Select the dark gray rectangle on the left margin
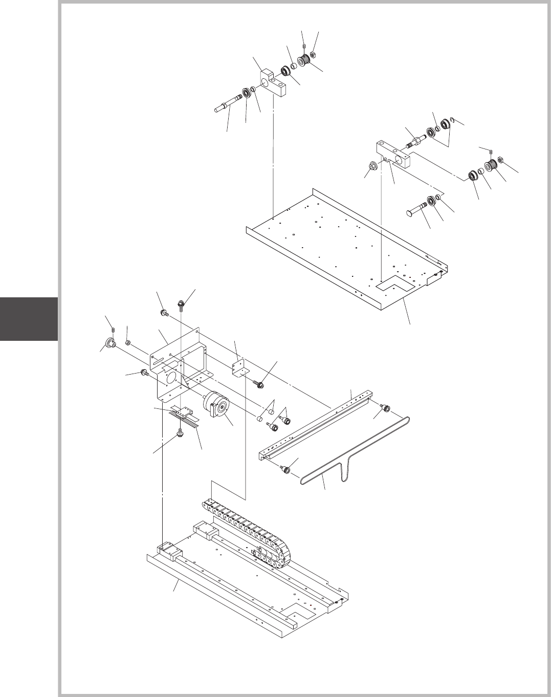click(29, 318)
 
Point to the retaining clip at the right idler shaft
click(452, 121)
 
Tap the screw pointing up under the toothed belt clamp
click(180, 433)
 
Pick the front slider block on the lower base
click(170, 553)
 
